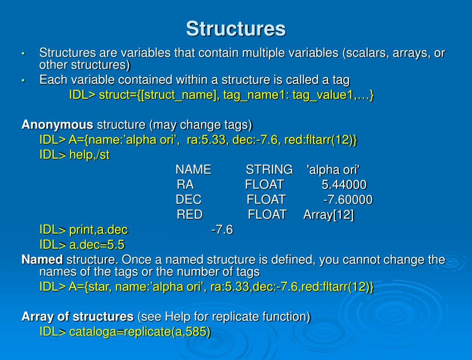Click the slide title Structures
[236, 29]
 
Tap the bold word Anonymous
[57, 125]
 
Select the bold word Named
[42, 259]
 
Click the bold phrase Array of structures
[78, 316]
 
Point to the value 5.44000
[344, 185]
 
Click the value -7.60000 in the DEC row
[348, 199]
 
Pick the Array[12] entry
[329, 215]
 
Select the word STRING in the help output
[269, 169]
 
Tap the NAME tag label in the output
[193, 169]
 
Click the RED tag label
[190, 215]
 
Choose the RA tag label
[185, 185]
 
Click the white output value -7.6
[222, 230]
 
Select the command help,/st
[90, 155]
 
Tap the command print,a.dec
[98, 230]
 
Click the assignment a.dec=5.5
[97, 245]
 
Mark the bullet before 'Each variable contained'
[23, 81]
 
